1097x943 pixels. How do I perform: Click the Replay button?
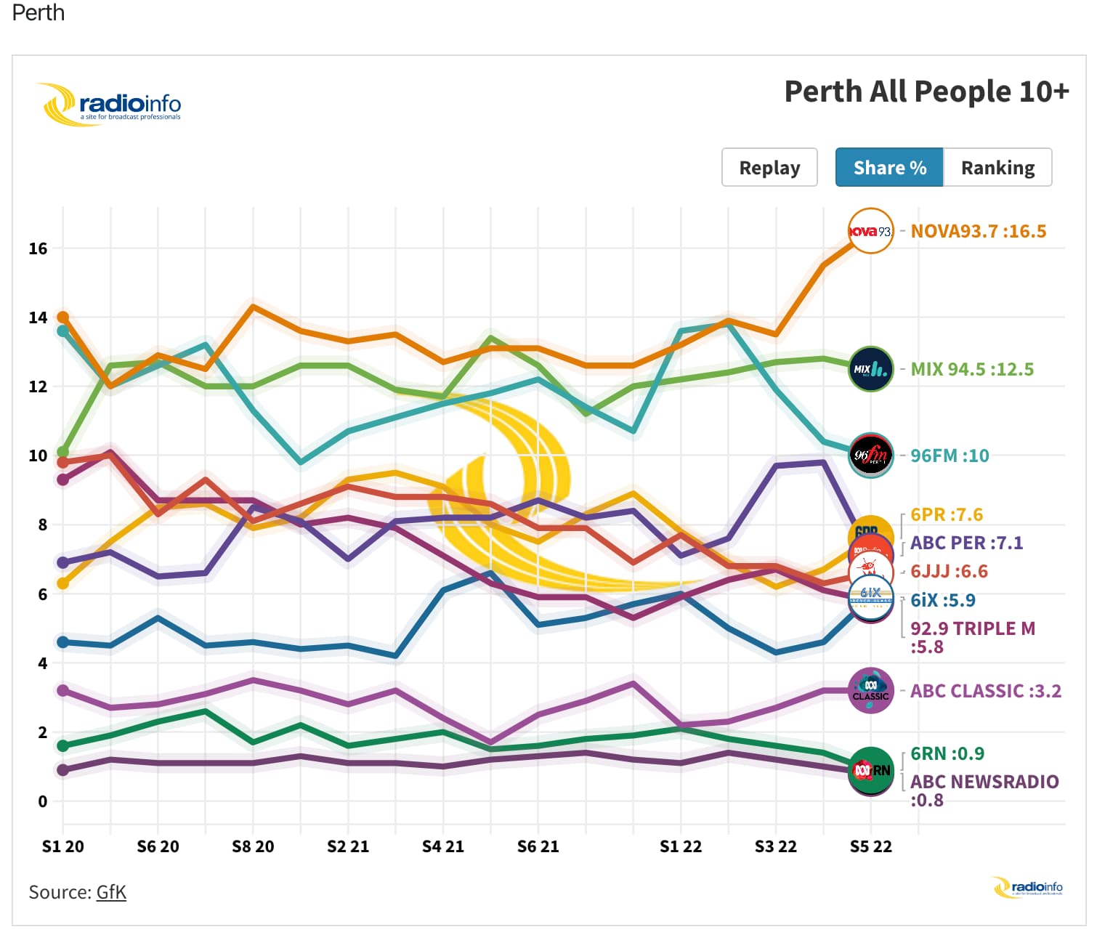point(769,168)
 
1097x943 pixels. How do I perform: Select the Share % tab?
point(889,168)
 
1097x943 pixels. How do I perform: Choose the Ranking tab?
point(997,168)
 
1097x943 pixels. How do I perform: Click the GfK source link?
point(111,892)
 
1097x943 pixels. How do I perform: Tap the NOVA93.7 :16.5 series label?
point(978,231)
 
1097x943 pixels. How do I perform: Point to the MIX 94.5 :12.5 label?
point(971,369)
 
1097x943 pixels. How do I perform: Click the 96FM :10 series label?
point(950,456)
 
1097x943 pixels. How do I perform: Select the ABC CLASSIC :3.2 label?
point(985,691)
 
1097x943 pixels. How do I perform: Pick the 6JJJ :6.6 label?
point(949,571)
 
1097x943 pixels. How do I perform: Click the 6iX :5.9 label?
point(942,600)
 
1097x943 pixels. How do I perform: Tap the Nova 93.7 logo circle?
point(871,231)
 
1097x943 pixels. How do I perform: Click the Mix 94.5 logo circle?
point(871,369)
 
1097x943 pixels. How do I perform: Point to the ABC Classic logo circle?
point(871,690)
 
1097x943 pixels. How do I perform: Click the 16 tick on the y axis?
point(38,248)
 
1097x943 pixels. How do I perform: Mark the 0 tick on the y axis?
point(42,801)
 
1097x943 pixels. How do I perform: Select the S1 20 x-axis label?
point(62,846)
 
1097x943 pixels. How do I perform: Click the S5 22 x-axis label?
point(870,846)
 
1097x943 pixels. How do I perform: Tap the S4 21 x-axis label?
point(442,846)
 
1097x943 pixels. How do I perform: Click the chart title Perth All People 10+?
point(926,92)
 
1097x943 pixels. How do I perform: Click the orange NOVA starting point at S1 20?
point(62,317)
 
